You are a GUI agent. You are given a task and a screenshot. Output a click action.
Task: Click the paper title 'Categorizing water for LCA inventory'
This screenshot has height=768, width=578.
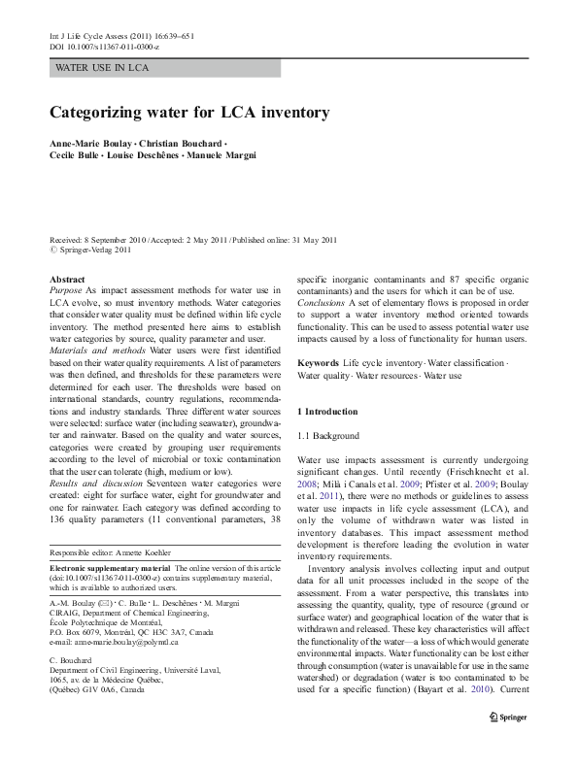tap(189, 112)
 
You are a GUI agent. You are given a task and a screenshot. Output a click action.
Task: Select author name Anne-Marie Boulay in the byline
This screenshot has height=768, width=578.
tap(91, 144)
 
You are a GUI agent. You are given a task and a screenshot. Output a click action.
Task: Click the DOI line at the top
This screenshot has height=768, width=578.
tap(104, 47)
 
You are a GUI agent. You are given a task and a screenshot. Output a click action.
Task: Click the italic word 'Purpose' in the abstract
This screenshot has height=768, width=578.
tap(66, 290)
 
